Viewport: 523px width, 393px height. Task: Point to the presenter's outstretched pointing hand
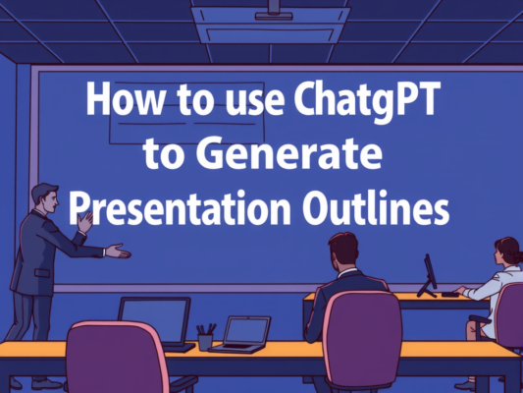click(117, 252)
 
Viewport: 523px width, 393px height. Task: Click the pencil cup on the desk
click(205, 338)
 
